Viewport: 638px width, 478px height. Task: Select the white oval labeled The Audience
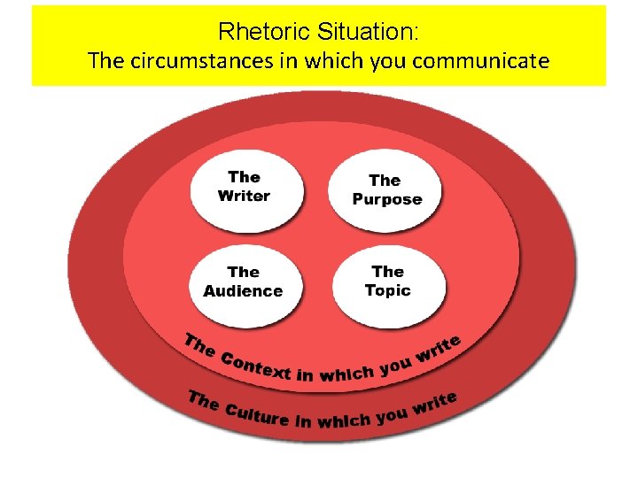[x=244, y=282]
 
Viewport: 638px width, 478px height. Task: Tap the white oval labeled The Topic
[x=388, y=281]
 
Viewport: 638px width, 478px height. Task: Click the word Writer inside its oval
[x=244, y=196]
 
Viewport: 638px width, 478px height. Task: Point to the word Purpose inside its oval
[x=387, y=199]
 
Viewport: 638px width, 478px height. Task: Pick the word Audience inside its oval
[x=243, y=291]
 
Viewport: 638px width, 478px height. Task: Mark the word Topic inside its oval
[x=388, y=290]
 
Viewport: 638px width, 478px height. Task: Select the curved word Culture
[x=257, y=412]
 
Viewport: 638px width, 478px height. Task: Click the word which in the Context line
[x=346, y=374]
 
